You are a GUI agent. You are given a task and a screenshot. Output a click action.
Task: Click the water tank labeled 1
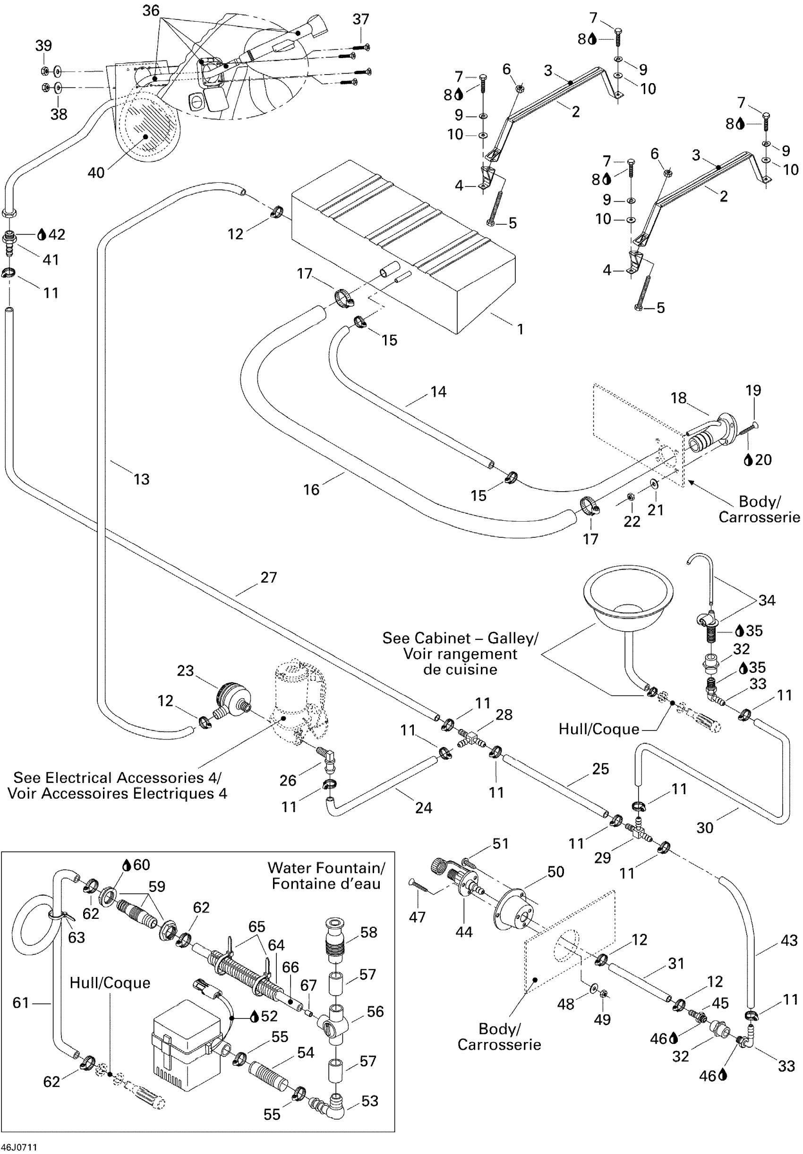coord(402,241)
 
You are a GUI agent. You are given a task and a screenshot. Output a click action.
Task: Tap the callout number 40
coord(96,172)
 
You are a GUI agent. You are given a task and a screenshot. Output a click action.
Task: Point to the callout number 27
coord(268,577)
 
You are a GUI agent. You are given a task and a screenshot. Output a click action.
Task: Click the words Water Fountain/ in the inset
coord(326,867)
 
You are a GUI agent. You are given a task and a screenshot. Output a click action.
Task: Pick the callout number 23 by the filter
coord(186,670)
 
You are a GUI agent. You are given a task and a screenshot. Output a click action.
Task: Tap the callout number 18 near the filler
coord(678,398)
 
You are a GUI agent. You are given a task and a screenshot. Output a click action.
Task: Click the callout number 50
coord(555,872)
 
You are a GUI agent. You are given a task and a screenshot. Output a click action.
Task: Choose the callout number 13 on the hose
coord(141,479)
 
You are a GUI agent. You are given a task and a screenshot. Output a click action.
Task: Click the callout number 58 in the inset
coord(368,933)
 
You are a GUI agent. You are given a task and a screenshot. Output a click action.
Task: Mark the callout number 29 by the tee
coord(602,857)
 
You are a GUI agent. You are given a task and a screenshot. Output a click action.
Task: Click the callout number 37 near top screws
coord(360,19)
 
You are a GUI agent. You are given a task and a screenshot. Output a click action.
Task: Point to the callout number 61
coord(21,1003)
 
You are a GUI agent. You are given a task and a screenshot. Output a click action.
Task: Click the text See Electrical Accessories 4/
coord(117,778)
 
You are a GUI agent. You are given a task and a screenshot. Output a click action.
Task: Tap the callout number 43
coord(789,940)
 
